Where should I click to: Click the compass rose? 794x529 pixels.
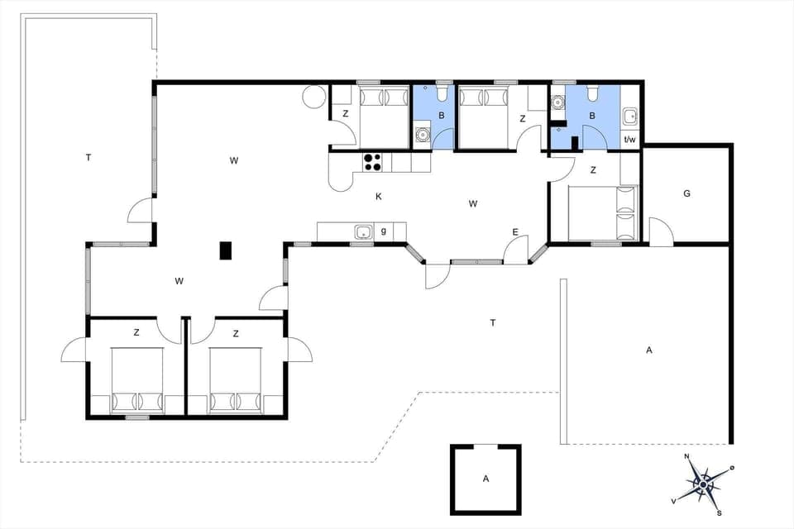[702, 484]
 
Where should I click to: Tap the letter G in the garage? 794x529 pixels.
[686, 193]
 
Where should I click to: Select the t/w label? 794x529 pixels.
[629, 140]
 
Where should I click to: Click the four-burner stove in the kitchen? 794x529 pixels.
[372, 161]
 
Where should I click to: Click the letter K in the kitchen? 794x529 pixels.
[378, 197]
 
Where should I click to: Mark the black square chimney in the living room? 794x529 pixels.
[225, 250]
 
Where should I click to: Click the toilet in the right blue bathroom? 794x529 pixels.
[592, 91]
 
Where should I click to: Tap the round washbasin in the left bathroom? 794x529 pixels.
[423, 133]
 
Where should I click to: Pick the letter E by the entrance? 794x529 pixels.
[515, 232]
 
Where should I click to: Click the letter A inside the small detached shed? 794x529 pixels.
[485, 478]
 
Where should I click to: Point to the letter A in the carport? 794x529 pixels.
[649, 350]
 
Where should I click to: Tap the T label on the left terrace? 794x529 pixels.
[88, 157]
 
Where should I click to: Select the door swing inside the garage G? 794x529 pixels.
[659, 231]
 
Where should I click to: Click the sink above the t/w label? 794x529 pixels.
[629, 115]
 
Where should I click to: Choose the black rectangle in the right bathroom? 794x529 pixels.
[575, 140]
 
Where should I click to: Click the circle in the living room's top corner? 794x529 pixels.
[313, 97]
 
